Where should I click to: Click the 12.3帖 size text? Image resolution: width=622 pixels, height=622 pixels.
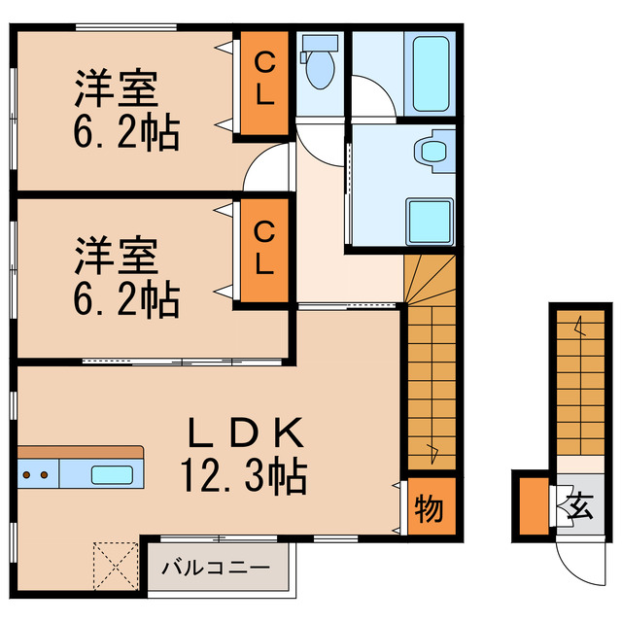point(243,476)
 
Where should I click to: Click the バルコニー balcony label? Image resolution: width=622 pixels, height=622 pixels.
point(216,567)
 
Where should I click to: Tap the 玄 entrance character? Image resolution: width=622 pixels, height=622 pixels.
point(581,506)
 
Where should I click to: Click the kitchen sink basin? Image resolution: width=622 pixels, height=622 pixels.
point(113,475)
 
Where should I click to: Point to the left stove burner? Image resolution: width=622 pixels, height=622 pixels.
point(27,475)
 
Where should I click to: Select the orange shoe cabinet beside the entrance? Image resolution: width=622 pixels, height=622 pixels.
point(532,505)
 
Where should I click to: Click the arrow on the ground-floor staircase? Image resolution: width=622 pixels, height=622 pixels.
point(580,327)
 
